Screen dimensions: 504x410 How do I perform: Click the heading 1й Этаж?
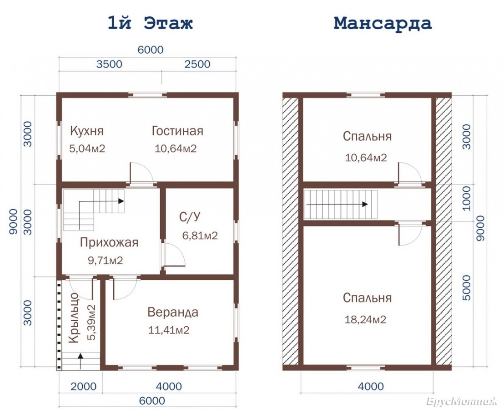tap(150, 23)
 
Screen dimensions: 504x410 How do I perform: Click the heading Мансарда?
tap(383, 23)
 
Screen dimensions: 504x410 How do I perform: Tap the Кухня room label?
tap(87, 131)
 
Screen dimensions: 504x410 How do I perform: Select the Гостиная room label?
tap(177, 131)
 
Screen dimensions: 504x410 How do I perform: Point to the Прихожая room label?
tap(109, 242)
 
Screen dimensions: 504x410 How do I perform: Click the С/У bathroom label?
tap(190, 217)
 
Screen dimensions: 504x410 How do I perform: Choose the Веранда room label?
tap(173, 312)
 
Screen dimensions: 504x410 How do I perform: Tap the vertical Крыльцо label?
tap(74, 318)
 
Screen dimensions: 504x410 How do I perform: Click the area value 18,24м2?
tap(365, 319)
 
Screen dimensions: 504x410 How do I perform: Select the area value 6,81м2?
tap(200, 236)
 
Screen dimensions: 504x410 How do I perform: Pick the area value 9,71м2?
tap(106, 261)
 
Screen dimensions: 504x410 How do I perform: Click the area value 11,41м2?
tap(169, 330)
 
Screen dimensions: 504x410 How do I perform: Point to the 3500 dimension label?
tap(109, 64)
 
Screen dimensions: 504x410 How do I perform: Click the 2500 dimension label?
tap(197, 64)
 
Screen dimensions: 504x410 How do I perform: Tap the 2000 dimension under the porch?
tap(84, 386)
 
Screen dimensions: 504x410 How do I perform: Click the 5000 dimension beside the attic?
tap(467, 288)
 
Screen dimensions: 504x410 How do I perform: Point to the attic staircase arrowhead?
tap(365, 204)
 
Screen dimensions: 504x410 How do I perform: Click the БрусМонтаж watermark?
tap(462, 402)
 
